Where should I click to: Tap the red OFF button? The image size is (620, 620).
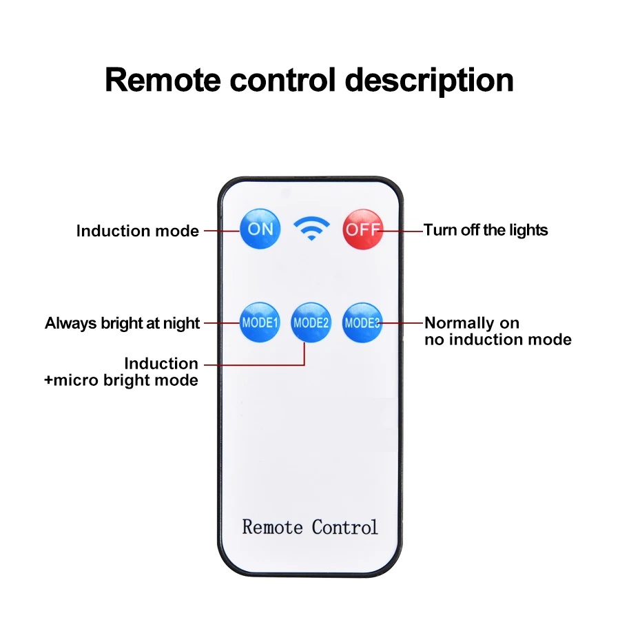pos(362,229)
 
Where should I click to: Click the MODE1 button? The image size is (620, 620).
pos(260,322)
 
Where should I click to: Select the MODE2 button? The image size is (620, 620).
pos(311,322)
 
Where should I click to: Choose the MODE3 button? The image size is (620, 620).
pos(362,322)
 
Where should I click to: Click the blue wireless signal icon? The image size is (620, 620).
pos(311,228)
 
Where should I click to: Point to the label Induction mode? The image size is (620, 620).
pos(138,231)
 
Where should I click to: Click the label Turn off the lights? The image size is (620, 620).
pos(486,230)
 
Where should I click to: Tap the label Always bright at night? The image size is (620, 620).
pos(123,323)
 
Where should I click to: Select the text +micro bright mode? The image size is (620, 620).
pos(121,380)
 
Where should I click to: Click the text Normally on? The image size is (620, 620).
pos(472,323)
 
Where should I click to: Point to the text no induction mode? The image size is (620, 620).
pos(498,340)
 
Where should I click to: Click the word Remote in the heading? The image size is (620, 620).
pos(163,80)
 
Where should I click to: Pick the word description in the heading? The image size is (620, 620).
pos(429,80)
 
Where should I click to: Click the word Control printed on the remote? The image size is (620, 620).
pos(344,528)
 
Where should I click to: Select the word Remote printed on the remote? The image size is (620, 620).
pos(273,528)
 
